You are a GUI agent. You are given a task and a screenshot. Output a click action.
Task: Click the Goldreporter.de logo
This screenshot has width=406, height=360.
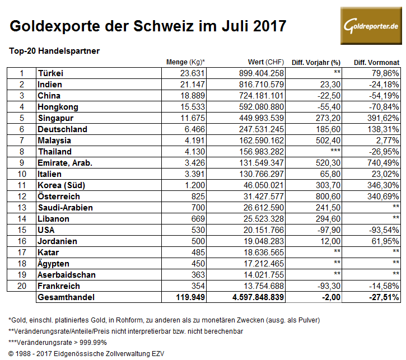click(371, 26)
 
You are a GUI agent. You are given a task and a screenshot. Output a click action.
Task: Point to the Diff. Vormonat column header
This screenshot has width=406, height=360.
click(376, 62)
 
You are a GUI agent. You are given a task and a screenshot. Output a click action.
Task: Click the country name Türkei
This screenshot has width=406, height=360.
click(50, 73)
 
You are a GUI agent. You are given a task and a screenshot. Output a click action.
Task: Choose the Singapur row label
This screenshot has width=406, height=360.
click(55, 118)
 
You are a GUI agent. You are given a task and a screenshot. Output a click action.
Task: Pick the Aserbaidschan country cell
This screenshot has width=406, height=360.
click(67, 275)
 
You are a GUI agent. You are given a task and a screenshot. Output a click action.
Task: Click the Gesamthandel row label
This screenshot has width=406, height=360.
click(65, 297)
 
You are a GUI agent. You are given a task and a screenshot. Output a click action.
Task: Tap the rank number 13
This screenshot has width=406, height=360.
click(22, 208)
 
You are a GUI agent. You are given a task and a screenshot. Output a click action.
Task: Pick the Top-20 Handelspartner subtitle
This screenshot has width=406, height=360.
click(55, 50)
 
